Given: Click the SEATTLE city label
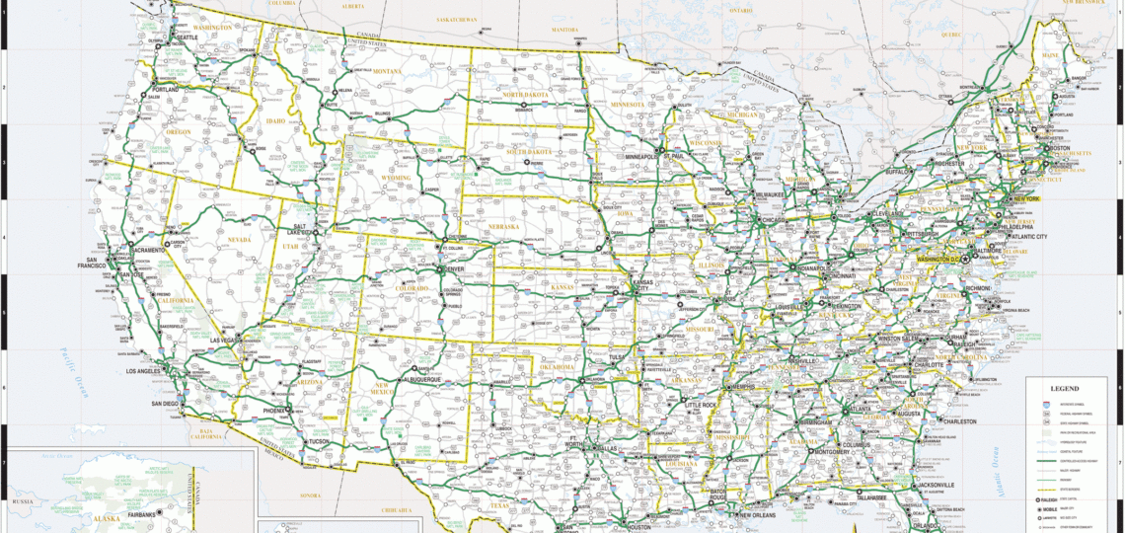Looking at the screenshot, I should point(187,38).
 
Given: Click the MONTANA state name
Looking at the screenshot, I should point(387,71).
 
